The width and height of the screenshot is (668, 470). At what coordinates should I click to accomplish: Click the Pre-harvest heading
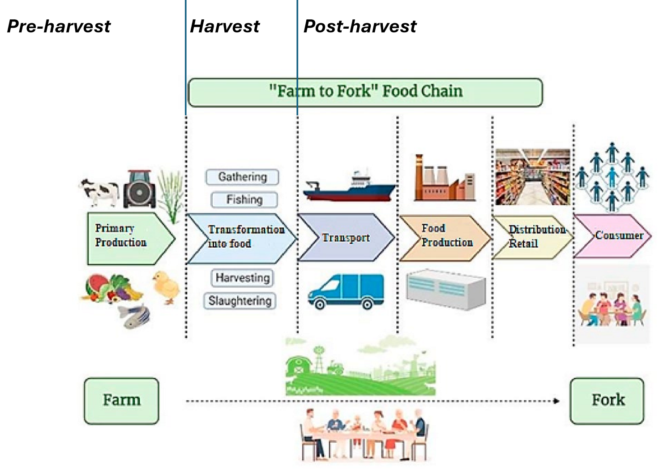59,26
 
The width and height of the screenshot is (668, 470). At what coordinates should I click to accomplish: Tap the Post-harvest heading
360,26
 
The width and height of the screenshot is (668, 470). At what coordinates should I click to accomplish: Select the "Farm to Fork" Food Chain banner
365,92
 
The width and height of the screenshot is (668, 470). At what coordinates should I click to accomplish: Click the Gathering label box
242,177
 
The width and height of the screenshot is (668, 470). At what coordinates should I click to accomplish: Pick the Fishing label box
244,199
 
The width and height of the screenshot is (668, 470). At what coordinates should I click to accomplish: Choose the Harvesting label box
242,278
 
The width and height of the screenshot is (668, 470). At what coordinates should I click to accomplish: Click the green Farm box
121,400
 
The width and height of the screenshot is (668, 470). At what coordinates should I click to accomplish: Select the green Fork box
607,400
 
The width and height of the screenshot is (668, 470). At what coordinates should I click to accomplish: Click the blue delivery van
346,291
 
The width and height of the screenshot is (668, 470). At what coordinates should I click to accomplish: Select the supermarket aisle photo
533,177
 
